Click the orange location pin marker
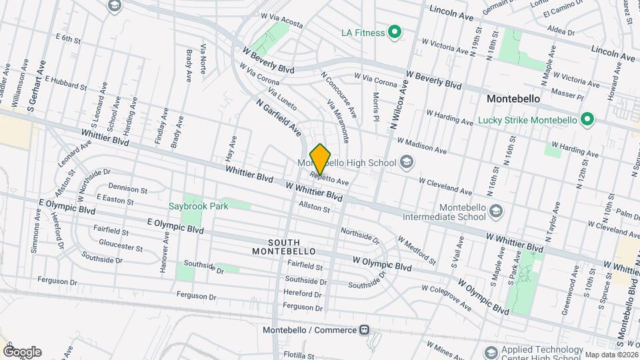(321, 159)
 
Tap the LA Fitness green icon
(395, 32)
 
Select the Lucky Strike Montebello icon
(587, 121)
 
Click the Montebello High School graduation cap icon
(406, 163)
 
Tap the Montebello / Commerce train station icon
(364, 330)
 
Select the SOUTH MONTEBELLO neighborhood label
(276, 247)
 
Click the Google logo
(22, 352)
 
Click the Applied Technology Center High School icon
(491, 351)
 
